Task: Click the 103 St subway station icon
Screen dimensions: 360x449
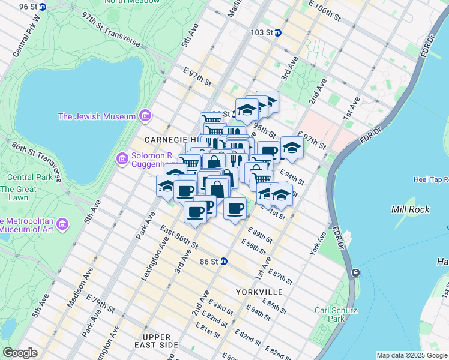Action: click(277, 33)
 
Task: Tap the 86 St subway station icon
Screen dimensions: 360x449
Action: click(224, 262)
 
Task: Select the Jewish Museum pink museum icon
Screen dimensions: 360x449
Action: click(144, 116)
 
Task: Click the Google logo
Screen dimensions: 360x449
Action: click(20, 353)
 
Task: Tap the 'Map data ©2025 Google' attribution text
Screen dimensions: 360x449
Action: click(412, 355)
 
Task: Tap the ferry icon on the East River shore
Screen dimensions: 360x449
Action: click(356, 273)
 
